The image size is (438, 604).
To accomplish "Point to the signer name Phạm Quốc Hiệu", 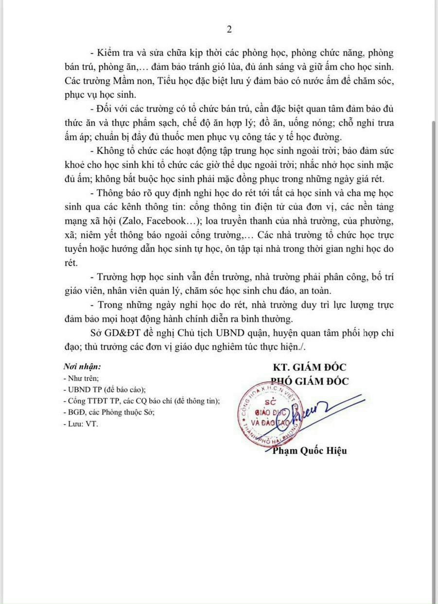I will click(x=310, y=451).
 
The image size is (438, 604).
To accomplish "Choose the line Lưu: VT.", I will click(x=81, y=423).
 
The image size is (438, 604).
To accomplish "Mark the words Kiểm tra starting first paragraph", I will click(x=115, y=53).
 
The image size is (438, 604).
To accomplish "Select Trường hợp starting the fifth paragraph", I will click(x=120, y=278).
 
